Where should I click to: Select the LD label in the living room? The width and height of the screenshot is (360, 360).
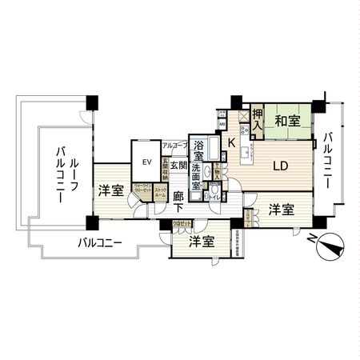point(280,166)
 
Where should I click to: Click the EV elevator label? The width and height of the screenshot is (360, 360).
point(146,162)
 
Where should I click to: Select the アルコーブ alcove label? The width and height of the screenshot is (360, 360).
point(174,146)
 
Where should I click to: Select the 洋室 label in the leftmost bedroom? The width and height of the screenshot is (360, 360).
point(110,190)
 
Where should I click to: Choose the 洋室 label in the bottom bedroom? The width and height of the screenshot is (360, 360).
point(201,241)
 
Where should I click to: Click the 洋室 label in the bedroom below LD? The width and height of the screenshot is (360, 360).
point(280,210)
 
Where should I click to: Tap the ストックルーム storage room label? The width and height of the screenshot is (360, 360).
point(161,192)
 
